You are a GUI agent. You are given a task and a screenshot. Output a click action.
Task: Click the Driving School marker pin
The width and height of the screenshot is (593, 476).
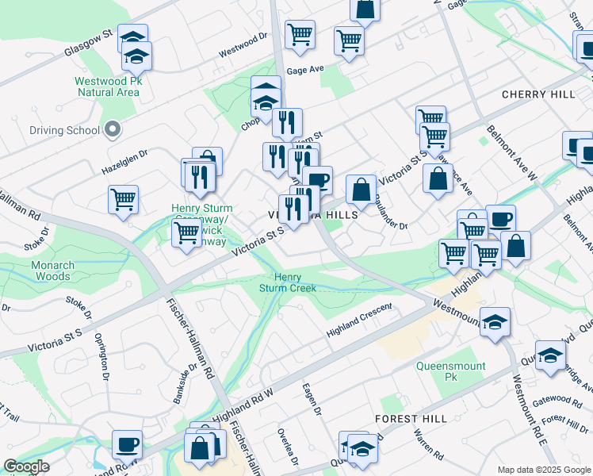[113, 129]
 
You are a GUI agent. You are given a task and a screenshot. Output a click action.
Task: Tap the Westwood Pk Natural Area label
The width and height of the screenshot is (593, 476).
[108, 86]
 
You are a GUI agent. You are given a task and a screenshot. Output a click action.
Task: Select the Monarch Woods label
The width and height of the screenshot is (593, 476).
[52, 271]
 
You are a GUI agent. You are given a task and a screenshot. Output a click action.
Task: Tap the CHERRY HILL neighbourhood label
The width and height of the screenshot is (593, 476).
[538, 94]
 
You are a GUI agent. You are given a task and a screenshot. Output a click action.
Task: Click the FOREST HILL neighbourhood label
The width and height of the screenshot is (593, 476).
[411, 417]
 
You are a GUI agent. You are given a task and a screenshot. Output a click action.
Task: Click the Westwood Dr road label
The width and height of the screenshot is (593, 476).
[244, 44]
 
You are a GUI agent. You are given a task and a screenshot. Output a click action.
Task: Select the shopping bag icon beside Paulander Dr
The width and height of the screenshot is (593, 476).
[361, 190]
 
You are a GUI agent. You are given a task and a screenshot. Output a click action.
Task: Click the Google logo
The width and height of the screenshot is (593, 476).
[26, 466]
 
